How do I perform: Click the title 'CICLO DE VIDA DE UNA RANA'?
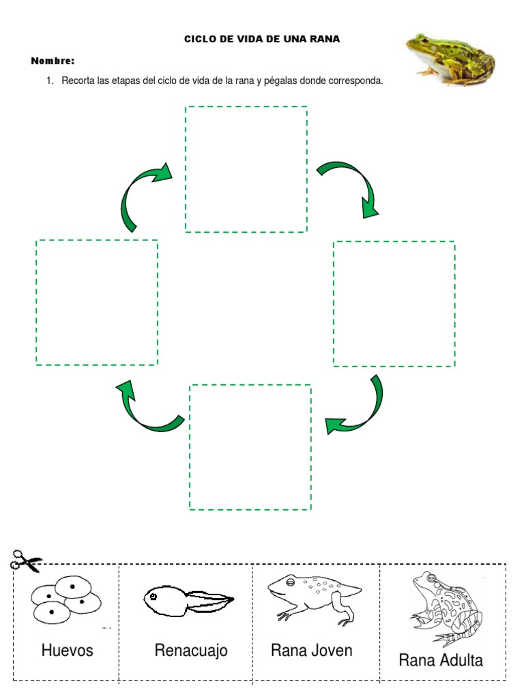262,40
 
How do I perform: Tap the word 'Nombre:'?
53,61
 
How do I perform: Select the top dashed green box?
246,169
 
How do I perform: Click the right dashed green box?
394,304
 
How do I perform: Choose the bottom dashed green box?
250,447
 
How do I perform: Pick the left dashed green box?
97,302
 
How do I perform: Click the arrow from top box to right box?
351,186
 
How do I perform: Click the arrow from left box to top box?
142,193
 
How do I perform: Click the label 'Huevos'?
67,651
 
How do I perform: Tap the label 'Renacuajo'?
191,651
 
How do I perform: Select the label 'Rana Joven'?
312,650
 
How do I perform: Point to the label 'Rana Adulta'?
441,660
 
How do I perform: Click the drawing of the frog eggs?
65,598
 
